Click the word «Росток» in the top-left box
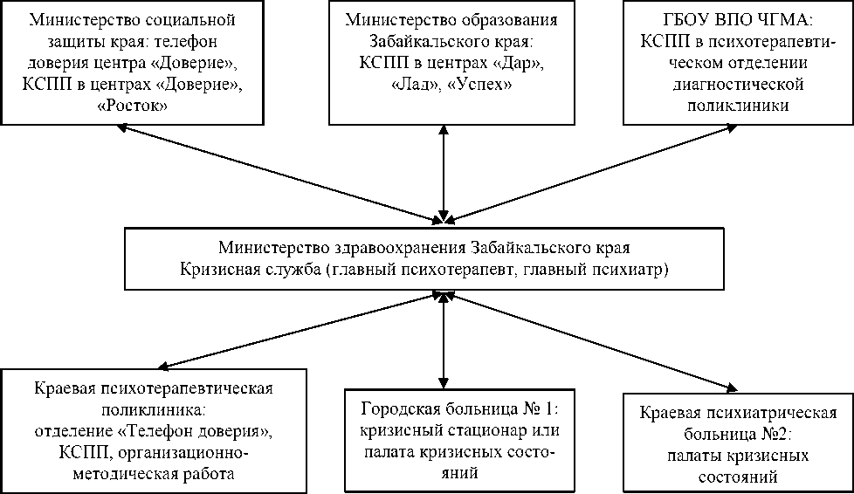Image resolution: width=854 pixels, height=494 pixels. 120,105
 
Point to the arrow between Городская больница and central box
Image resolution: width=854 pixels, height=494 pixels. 445,340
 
